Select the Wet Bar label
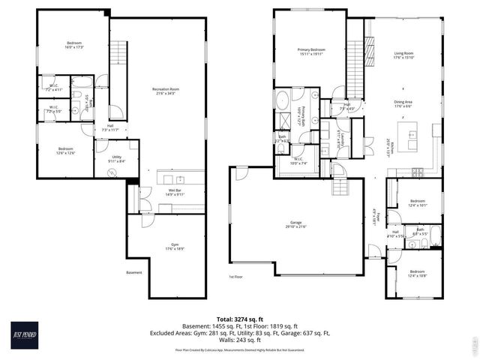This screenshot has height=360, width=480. (175, 193)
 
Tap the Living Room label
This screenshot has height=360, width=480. (404, 54)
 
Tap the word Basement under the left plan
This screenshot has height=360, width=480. (134, 272)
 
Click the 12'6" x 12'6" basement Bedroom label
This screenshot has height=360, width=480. (65, 151)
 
